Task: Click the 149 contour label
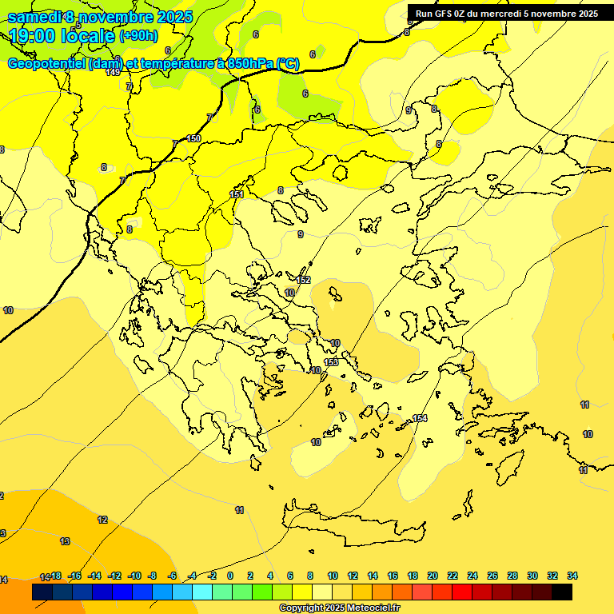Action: [113, 73]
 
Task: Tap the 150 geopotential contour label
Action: [193, 138]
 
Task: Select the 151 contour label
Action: [237, 194]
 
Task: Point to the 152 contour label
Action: [303, 280]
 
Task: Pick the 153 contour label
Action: [332, 362]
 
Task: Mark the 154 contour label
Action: [420, 419]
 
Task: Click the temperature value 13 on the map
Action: [65, 541]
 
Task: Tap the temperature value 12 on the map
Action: [102, 520]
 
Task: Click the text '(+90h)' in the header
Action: [138, 35]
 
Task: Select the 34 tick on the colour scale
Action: [572, 576]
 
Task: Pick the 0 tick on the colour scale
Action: [230, 576]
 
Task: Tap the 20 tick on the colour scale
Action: [433, 576]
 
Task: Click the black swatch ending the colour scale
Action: [562, 592]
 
